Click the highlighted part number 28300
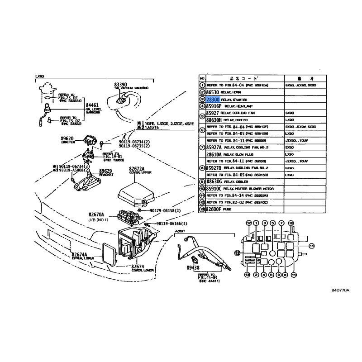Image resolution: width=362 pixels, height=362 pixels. pyautogui.click(x=213, y=99)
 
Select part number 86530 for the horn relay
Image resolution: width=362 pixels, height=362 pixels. pyautogui.click(x=213, y=92)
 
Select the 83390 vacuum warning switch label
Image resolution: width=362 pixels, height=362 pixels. pyautogui.click(x=120, y=85)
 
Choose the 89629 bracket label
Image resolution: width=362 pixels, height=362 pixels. pyautogui.click(x=105, y=171)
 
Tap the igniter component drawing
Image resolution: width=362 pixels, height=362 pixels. pyautogui.click(x=91, y=140)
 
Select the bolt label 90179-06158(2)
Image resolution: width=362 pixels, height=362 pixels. pyautogui.click(x=163, y=210)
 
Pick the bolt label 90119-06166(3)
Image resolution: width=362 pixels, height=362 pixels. pyautogui.click(x=171, y=224)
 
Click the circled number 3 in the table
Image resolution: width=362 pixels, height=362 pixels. pyautogui.click(x=202, y=99)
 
